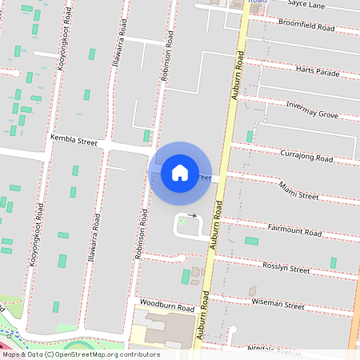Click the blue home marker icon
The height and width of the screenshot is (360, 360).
(180, 173)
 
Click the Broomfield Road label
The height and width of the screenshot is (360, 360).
(306, 26)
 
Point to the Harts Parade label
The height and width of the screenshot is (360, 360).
(317, 71)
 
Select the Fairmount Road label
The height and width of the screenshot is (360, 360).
(294, 231)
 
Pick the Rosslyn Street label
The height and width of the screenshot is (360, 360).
(286, 269)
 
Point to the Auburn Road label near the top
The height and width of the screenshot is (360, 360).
(238, 77)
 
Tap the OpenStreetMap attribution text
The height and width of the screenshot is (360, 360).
(80, 354)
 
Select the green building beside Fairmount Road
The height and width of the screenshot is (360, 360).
(251, 241)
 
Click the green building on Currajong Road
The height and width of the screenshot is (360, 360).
(250, 137)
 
